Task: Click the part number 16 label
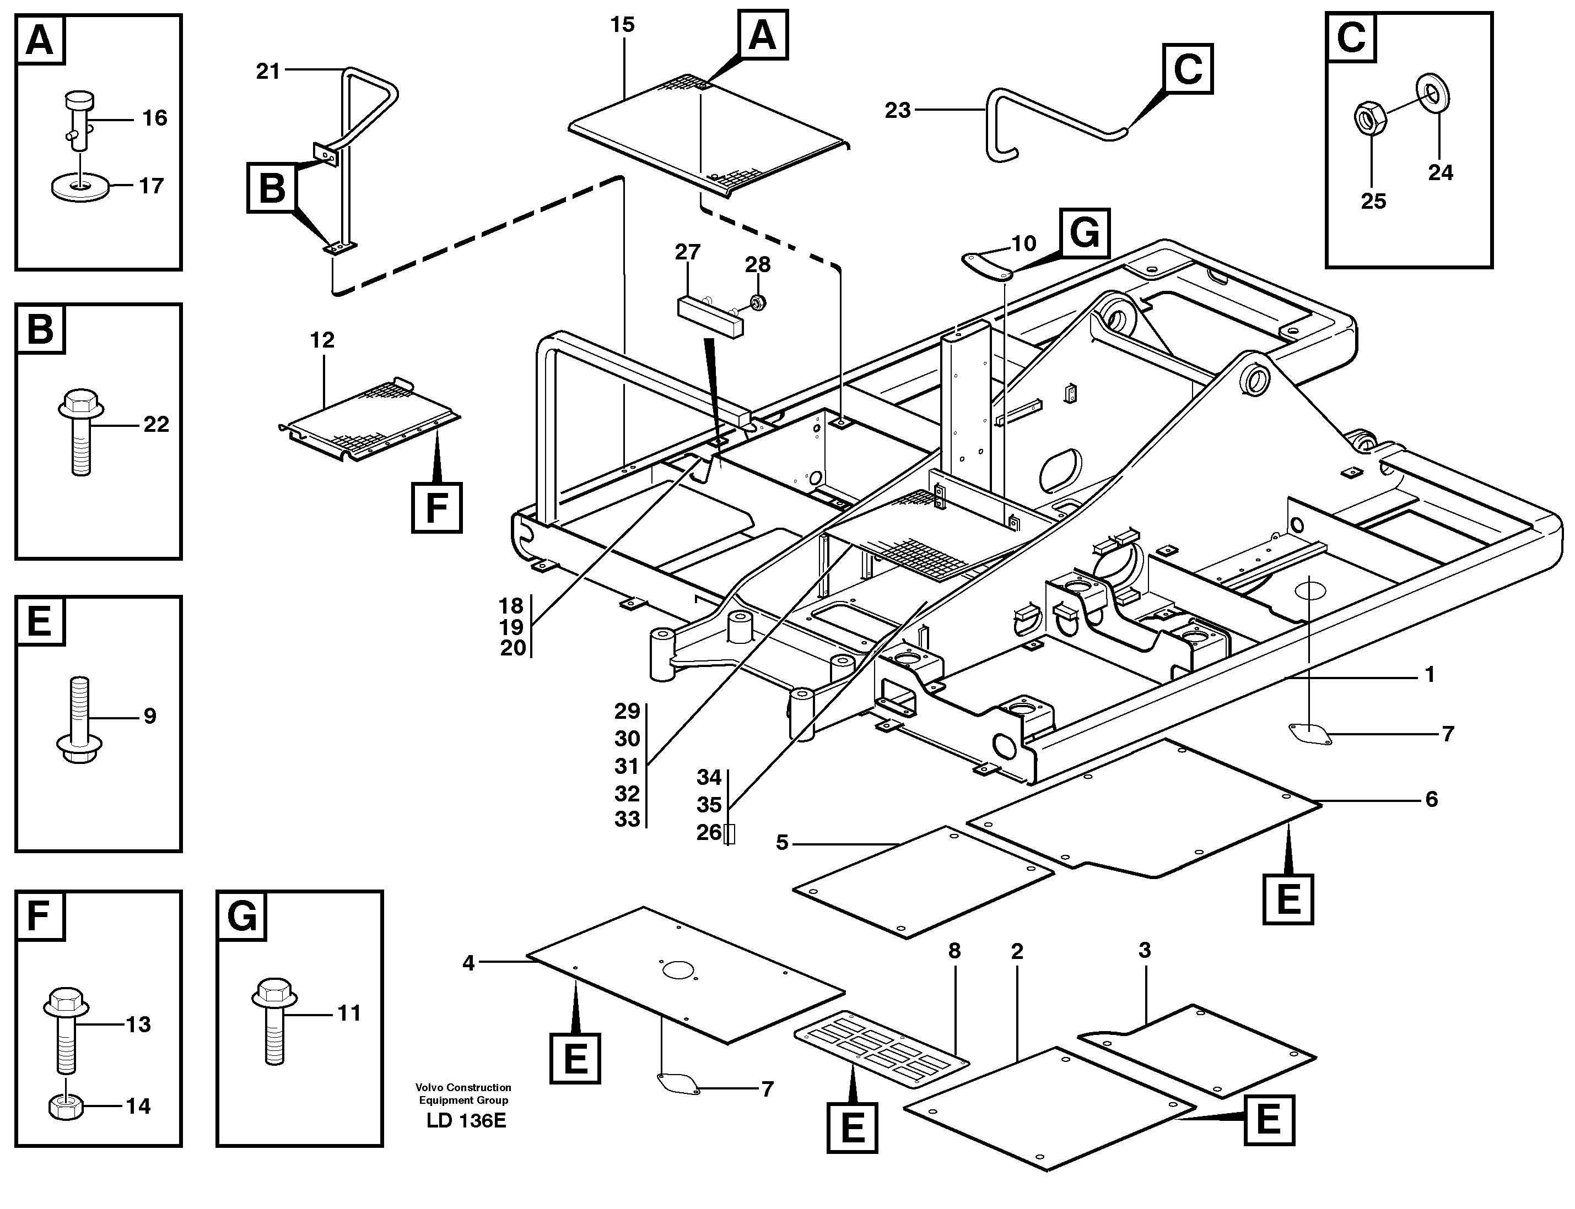tap(154, 117)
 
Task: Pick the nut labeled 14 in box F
tap(66, 1106)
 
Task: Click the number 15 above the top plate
tap(622, 25)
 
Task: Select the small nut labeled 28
tap(757, 303)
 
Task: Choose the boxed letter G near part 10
tap(1084, 234)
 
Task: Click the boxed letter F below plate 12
tap(436, 508)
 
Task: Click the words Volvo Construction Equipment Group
tap(463, 1094)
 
